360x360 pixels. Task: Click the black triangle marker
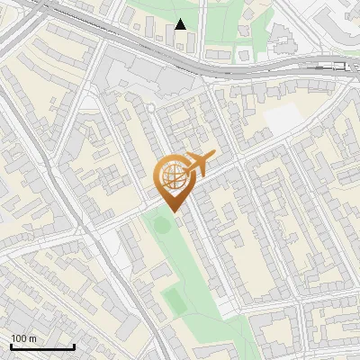[181, 24]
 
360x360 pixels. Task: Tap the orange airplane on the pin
[198, 164]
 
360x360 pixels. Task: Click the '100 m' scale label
[24, 338]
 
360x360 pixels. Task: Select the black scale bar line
[42, 346]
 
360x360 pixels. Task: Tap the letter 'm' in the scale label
[33, 338]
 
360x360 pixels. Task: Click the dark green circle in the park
[162, 223]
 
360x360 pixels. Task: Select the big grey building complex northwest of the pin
[148, 76]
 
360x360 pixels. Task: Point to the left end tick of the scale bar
[11, 346]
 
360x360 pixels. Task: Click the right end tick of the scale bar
[74, 346]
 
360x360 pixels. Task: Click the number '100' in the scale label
[19, 338]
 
